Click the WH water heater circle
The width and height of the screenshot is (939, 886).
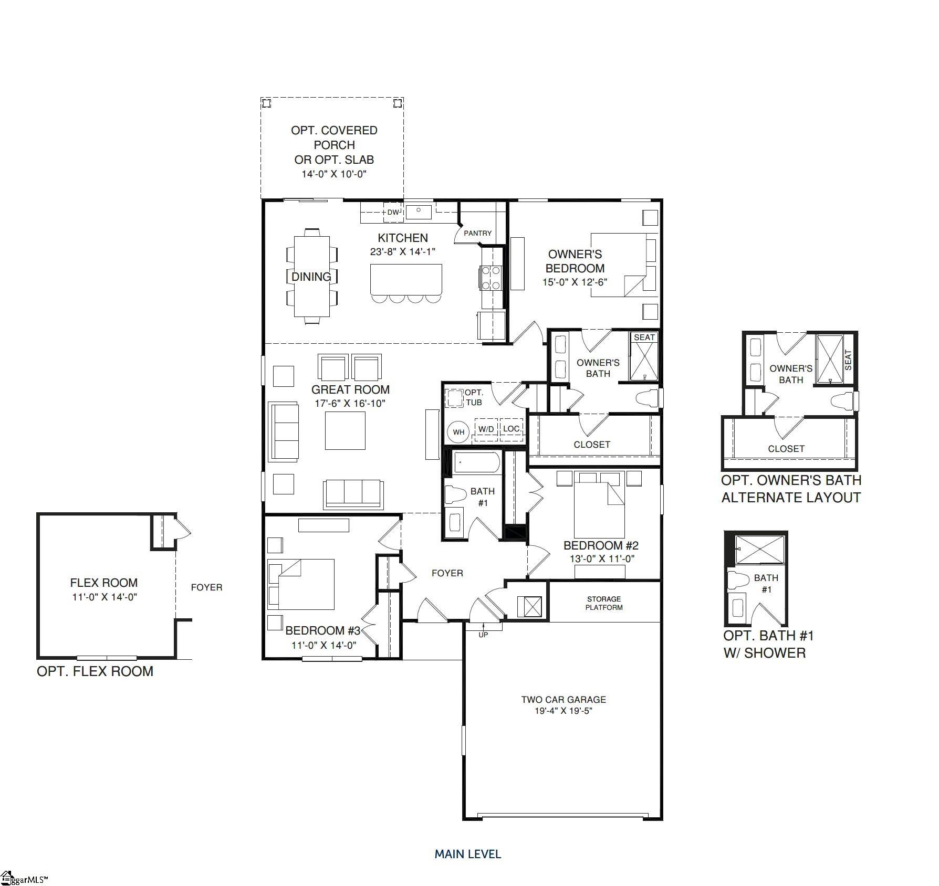point(458,433)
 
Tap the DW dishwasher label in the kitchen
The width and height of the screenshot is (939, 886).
point(393,213)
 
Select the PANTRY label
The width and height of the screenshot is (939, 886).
point(478,233)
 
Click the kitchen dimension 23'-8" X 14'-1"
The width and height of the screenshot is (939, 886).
point(403,252)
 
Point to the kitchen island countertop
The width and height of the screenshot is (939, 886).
point(406,279)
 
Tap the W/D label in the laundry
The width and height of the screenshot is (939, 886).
point(486,429)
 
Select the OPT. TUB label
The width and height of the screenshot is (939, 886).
point(474,397)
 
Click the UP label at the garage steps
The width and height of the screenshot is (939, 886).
point(483,635)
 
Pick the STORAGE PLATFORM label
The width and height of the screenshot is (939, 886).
point(604,603)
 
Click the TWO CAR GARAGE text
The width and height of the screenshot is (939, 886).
point(564,699)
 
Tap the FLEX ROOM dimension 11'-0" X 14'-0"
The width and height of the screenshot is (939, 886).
point(105,597)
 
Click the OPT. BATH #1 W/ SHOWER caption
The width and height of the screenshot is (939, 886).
point(768,644)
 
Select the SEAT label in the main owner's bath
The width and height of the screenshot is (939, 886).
point(644,337)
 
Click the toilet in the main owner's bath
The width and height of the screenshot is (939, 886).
point(647,398)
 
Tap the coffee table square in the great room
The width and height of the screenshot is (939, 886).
point(345,430)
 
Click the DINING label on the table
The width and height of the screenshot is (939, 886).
point(311,277)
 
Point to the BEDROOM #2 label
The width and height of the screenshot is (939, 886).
point(601,545)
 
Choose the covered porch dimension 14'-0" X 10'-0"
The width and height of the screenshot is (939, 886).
point(334,174)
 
